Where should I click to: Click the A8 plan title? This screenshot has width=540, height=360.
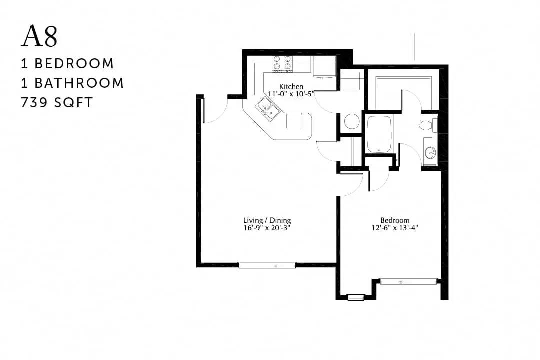(39, 36)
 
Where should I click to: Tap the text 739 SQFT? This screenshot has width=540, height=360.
(57, 103)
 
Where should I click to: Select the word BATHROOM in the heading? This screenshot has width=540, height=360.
(79, 83)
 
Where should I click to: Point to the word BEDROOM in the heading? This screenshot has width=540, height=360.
(74, 63)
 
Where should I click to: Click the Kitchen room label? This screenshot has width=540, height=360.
(291, 86)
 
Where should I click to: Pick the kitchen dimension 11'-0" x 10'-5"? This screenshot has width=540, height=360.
(291, 93)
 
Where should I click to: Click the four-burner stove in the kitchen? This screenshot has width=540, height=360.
(282, 63)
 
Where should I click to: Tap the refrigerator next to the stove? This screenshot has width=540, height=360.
(324, 67)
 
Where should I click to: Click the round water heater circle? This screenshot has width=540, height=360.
(352, 121)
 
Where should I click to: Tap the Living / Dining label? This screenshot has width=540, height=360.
(267, 220)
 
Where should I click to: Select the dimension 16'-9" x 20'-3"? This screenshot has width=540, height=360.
(267, 227)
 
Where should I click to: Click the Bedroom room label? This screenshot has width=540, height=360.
(395, 220)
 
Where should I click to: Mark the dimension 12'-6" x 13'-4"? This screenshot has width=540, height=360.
(395, 227)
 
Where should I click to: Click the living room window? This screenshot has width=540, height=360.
(267, 265)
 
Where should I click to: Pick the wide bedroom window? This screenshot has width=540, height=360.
(409, 281)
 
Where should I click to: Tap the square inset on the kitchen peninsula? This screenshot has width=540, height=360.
(294, 120)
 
